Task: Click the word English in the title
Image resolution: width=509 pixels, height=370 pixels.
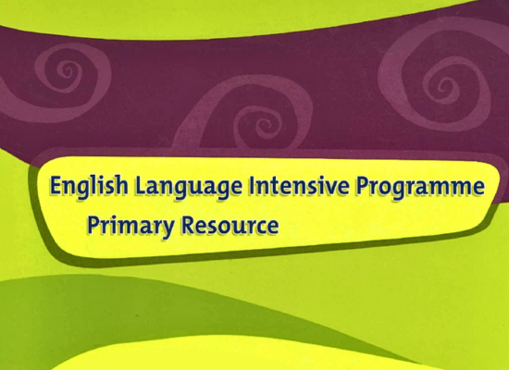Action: (89, 188)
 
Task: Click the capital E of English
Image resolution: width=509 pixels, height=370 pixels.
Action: (56, 187)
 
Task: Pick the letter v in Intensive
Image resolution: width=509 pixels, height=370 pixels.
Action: (329, 189)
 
